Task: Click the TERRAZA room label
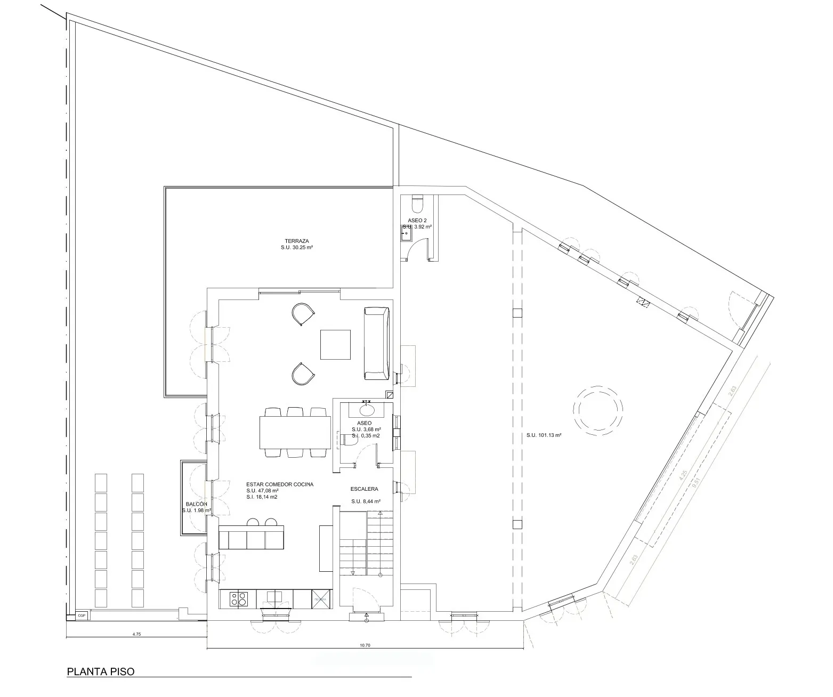point(297,241)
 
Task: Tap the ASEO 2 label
point(417,220)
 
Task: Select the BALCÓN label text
point(196,504)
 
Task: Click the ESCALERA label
point(365,489)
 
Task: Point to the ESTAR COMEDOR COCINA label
point(280,484)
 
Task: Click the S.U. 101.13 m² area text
point(544,435)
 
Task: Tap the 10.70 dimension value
point(365,645)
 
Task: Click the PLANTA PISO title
point(101,671)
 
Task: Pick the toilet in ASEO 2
point(417,202)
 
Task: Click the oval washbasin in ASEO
point(367,410)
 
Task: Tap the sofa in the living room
point(377,343)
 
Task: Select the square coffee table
point(335,345)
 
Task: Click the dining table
point(295,432)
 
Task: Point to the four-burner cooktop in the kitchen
point(238,599)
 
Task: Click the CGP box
point(82,615)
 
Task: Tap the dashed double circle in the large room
point(598,409)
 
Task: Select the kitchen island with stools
point(251,537)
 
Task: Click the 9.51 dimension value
point(694,483)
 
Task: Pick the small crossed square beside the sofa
point(390,395)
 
